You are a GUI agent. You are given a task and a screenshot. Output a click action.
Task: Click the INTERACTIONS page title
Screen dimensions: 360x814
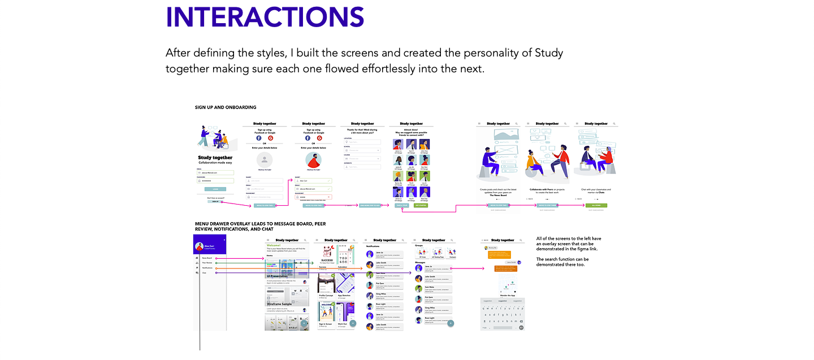(265, 17)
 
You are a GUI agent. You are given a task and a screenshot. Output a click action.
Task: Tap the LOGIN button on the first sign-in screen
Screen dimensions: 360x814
(215, 189)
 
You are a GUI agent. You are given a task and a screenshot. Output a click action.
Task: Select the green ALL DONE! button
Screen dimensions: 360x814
(595, 206)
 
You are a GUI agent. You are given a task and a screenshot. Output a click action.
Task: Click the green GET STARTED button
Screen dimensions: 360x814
(421, 206)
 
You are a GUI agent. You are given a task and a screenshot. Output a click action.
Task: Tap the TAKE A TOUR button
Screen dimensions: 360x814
(401, 206)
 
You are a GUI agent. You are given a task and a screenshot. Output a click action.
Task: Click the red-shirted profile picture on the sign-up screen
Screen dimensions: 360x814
(314, 159)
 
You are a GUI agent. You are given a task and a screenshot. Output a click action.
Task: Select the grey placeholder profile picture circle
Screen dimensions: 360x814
(265, 159)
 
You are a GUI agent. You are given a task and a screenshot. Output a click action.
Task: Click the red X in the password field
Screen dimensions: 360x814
(329, 197)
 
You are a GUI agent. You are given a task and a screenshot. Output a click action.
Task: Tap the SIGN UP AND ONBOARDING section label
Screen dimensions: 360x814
(226, 107)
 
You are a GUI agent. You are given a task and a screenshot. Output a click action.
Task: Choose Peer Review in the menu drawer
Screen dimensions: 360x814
(207, 263)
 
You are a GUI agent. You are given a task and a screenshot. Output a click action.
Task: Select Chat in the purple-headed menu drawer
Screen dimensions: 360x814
(205, 273)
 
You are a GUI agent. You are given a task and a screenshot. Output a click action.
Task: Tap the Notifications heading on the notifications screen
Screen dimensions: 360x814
(373, 246)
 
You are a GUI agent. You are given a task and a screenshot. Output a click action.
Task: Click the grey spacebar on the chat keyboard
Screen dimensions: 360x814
(502, 327)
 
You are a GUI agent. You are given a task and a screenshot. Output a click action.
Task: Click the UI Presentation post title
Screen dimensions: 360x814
(282, 276)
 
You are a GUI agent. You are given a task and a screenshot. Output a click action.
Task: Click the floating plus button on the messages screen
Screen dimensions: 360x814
(451, 323)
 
